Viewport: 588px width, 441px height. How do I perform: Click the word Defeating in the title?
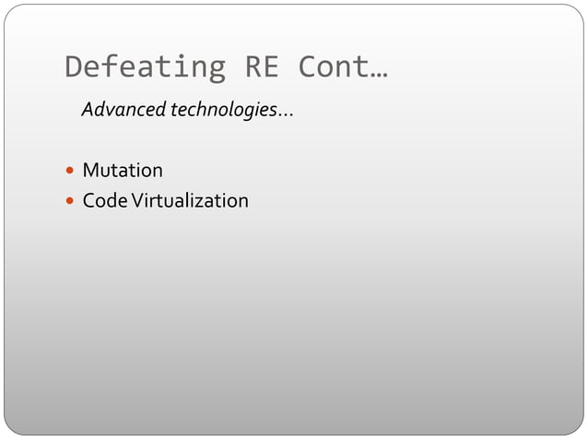point(145,67)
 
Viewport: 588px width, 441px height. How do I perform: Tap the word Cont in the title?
point(333,67)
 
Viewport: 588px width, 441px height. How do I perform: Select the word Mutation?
point(123,171)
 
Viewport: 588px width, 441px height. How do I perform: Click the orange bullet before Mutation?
point(71,172)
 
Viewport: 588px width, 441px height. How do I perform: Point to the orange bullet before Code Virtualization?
point(71,201)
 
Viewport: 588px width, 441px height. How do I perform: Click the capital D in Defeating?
point(76,67)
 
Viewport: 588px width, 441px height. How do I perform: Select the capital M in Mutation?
point(91,171)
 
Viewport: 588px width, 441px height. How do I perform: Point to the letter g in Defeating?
point(215,70)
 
